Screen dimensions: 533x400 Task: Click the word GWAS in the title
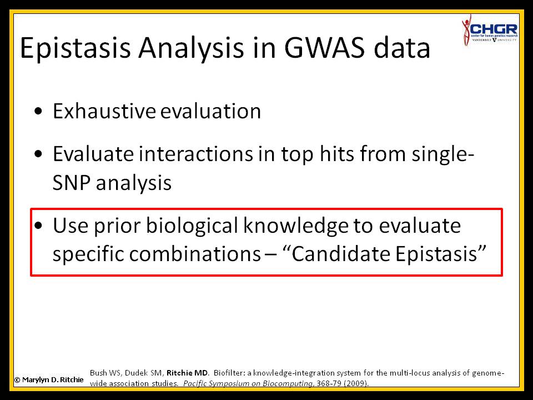[324, 47]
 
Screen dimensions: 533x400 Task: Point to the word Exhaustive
[104, 111]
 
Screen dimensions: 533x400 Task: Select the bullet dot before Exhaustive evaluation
[38, 111]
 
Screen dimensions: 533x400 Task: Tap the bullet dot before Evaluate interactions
[38, 154]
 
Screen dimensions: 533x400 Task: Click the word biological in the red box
[192, 226]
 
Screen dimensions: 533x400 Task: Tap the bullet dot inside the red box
[38, 226]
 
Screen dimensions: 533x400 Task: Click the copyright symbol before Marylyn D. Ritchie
[17, 380]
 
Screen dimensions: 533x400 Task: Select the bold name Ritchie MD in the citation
[187, 373]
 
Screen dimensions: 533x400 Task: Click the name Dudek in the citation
[134, 373]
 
